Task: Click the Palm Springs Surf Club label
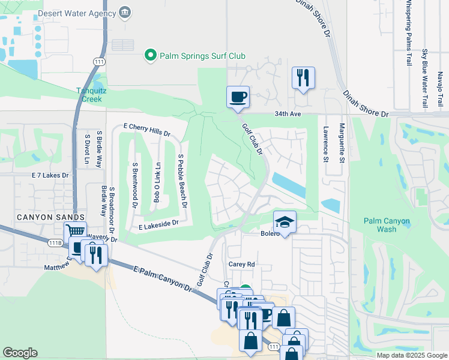202,56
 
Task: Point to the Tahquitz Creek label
92,95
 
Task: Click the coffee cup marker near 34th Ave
238,97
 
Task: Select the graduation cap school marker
285,222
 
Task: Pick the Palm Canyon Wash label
388,225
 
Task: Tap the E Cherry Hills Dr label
147,131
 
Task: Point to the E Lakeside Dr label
159,224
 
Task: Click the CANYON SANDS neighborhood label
42,217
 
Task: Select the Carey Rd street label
242,263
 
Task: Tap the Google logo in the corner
20,353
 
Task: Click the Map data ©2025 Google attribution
412,355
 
